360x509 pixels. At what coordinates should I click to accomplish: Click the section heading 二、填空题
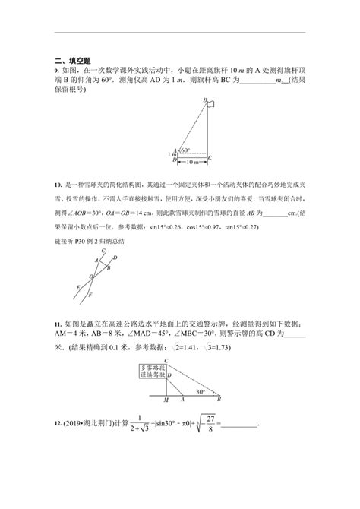tap(72, 59)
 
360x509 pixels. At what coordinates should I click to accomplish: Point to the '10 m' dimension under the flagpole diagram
tap(193, 162)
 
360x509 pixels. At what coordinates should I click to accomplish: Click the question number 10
tap(58, 185)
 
